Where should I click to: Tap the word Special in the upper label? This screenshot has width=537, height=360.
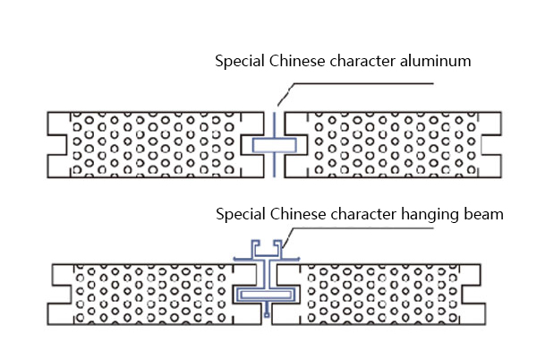pos(240,62)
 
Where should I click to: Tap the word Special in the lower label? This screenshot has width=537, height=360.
pos(241,215)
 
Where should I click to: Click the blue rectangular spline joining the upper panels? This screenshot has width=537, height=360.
pos(275,145)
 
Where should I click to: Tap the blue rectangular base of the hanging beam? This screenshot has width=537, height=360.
pos(266,295)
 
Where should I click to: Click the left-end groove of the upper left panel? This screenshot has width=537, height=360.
pos(57,145)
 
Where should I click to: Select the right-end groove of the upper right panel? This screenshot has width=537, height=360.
pos(491,145)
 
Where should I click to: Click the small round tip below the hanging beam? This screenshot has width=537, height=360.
pos(267,314)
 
